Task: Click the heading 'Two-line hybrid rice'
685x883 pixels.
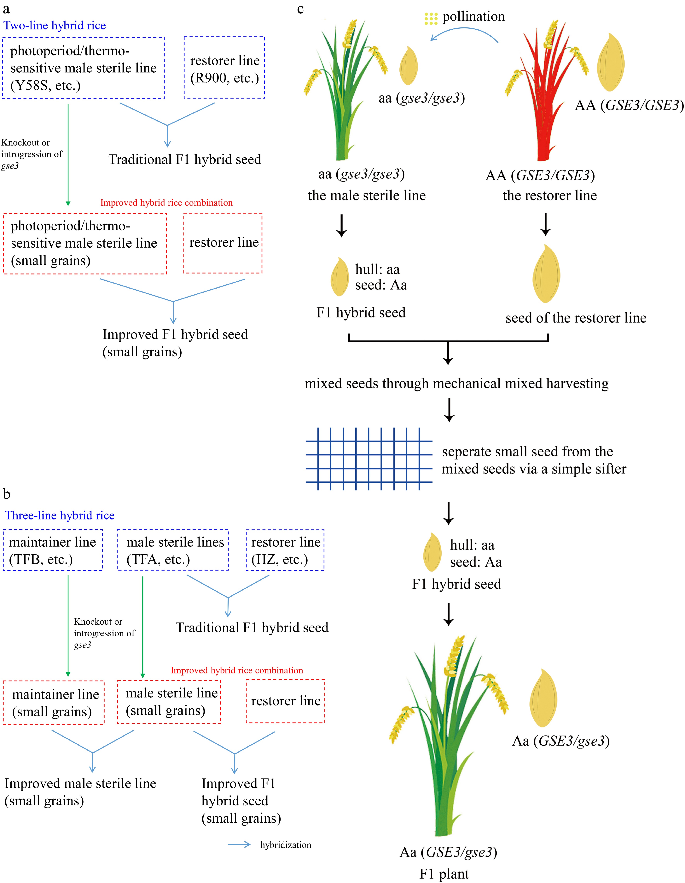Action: click(55, 26)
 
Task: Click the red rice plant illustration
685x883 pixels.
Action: click(545, 101)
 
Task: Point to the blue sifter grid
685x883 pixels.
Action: click(369, 459)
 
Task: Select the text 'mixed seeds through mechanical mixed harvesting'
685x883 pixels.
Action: click(456, 383)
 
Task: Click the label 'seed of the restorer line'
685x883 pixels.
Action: click(576, 318)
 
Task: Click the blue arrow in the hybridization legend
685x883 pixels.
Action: click(239, 845)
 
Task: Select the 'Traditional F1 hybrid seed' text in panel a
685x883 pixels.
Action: click(185, 159)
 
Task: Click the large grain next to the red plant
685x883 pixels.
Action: click(611, 63)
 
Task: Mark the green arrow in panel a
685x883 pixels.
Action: click(68, 154)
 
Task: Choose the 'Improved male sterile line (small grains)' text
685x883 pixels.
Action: click(80, 792)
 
